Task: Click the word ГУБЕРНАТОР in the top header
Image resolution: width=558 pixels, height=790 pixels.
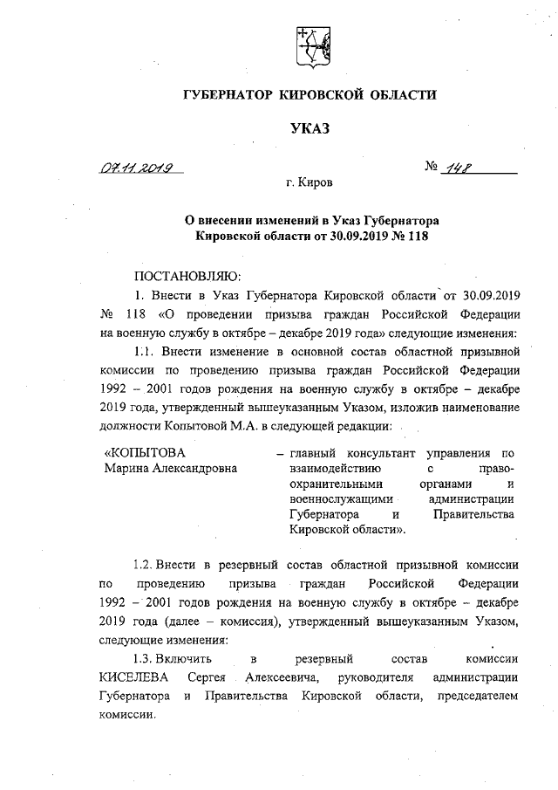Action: point(228,93)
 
